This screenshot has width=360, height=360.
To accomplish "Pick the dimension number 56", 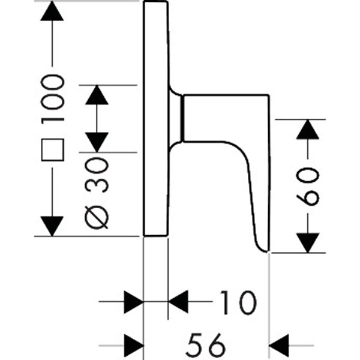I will (x=208, y=344).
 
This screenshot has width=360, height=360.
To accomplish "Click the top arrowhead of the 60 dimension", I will (x=308, y=129).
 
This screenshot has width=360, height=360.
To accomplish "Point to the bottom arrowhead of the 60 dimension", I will (x=308, y=242).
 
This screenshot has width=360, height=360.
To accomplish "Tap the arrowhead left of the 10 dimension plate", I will (x=133, y=301).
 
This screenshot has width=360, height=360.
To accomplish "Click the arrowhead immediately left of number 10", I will (x=178, y=301).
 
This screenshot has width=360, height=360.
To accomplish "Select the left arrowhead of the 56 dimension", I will (x=133, y=344).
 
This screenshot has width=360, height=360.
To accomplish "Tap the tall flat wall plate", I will (x=155, y=120).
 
